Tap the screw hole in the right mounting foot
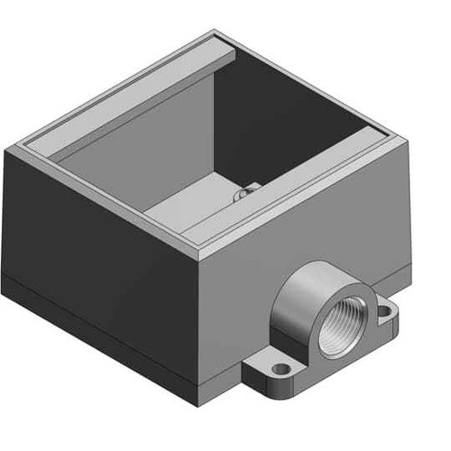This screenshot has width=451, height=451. pos(386,311)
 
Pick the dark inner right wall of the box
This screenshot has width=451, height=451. pos(289,135)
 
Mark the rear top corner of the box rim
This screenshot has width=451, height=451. pos(217,33)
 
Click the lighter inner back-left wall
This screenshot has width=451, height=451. pos(144,144)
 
